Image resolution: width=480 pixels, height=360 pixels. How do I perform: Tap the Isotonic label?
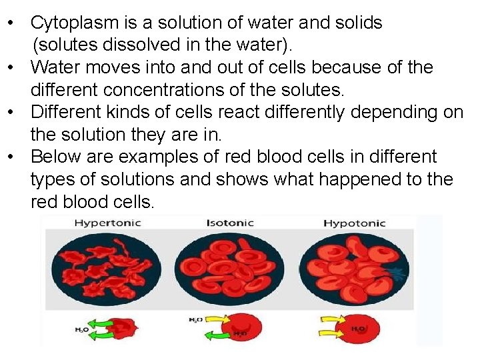tap(230, 223)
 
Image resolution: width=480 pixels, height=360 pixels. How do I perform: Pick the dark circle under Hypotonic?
tap(354, 269)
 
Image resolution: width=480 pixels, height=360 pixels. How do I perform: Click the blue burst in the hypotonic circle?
tap(399, 273)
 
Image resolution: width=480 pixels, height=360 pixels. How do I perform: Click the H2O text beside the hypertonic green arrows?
tap(81, 329)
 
